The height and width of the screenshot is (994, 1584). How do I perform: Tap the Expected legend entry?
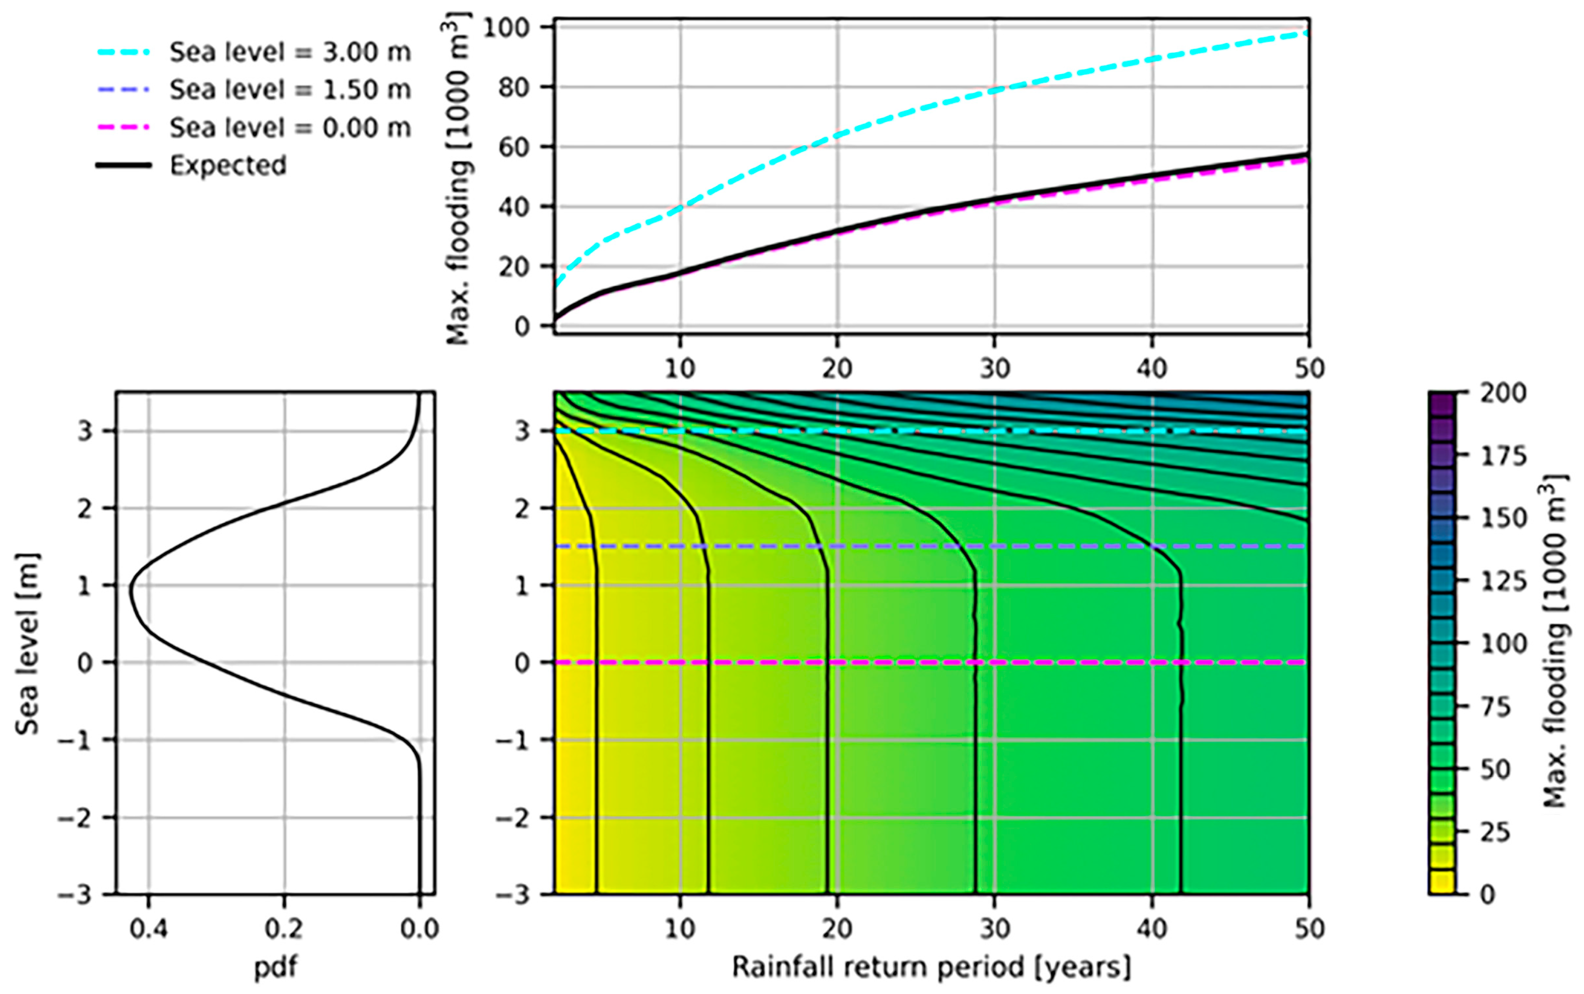[228, 165]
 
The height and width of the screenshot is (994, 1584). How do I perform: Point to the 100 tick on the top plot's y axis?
[507, 28]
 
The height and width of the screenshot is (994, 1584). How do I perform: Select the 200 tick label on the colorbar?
[1502, 393]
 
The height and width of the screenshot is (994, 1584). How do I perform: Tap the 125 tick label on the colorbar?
[1502, 581]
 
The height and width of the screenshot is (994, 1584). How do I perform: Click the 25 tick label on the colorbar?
[1496, 832]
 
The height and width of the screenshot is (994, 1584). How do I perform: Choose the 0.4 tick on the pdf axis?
[149, 929]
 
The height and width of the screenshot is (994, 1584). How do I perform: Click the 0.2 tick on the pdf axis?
[284, 929]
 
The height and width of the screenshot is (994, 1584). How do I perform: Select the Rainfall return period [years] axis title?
[931, 967]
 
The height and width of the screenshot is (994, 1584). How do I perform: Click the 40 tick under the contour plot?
[1151, 929]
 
